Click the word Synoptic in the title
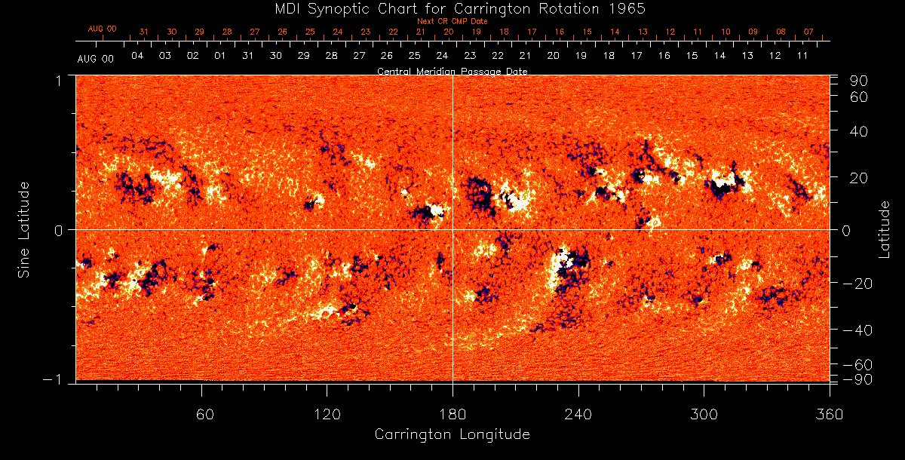pyautogui.click(x=339, y=8)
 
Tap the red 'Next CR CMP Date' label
pyautogui.click(x=452, y=21)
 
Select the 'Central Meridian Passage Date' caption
pyautogui.click(x=452, y=71)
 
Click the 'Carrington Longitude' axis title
pyautogui.click(x=452, y=434)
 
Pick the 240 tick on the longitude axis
pyautogui.click(x=578, y=414)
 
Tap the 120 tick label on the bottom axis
pyautogui.click(x=327, y=414)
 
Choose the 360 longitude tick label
pyautogui.click(x=830, y=414)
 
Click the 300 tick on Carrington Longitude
pyautogui.click(x=704, y=414)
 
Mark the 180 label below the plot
pyautogui.click(x=452, y=414)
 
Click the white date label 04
pyautogui.click(x=137, y=57)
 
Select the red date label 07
pyautogui.click(x=808, y=32)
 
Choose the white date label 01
pyautogui.click(x=220, y=57)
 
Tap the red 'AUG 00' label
pyautogui.click(x=103, y=29)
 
